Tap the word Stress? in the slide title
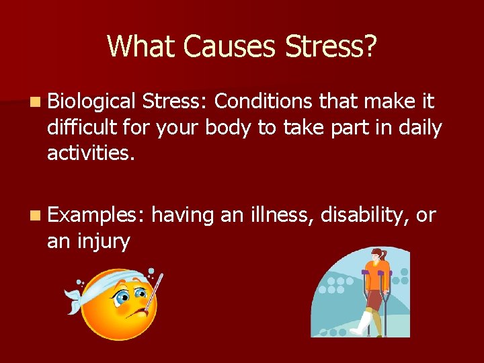(331, 46)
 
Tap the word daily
(418, 128)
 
